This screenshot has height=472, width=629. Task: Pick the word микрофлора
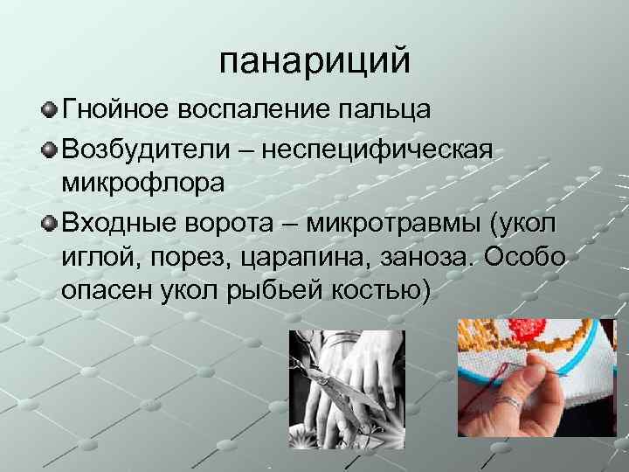coord(143,183)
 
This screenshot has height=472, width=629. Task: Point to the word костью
coord(382,292)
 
